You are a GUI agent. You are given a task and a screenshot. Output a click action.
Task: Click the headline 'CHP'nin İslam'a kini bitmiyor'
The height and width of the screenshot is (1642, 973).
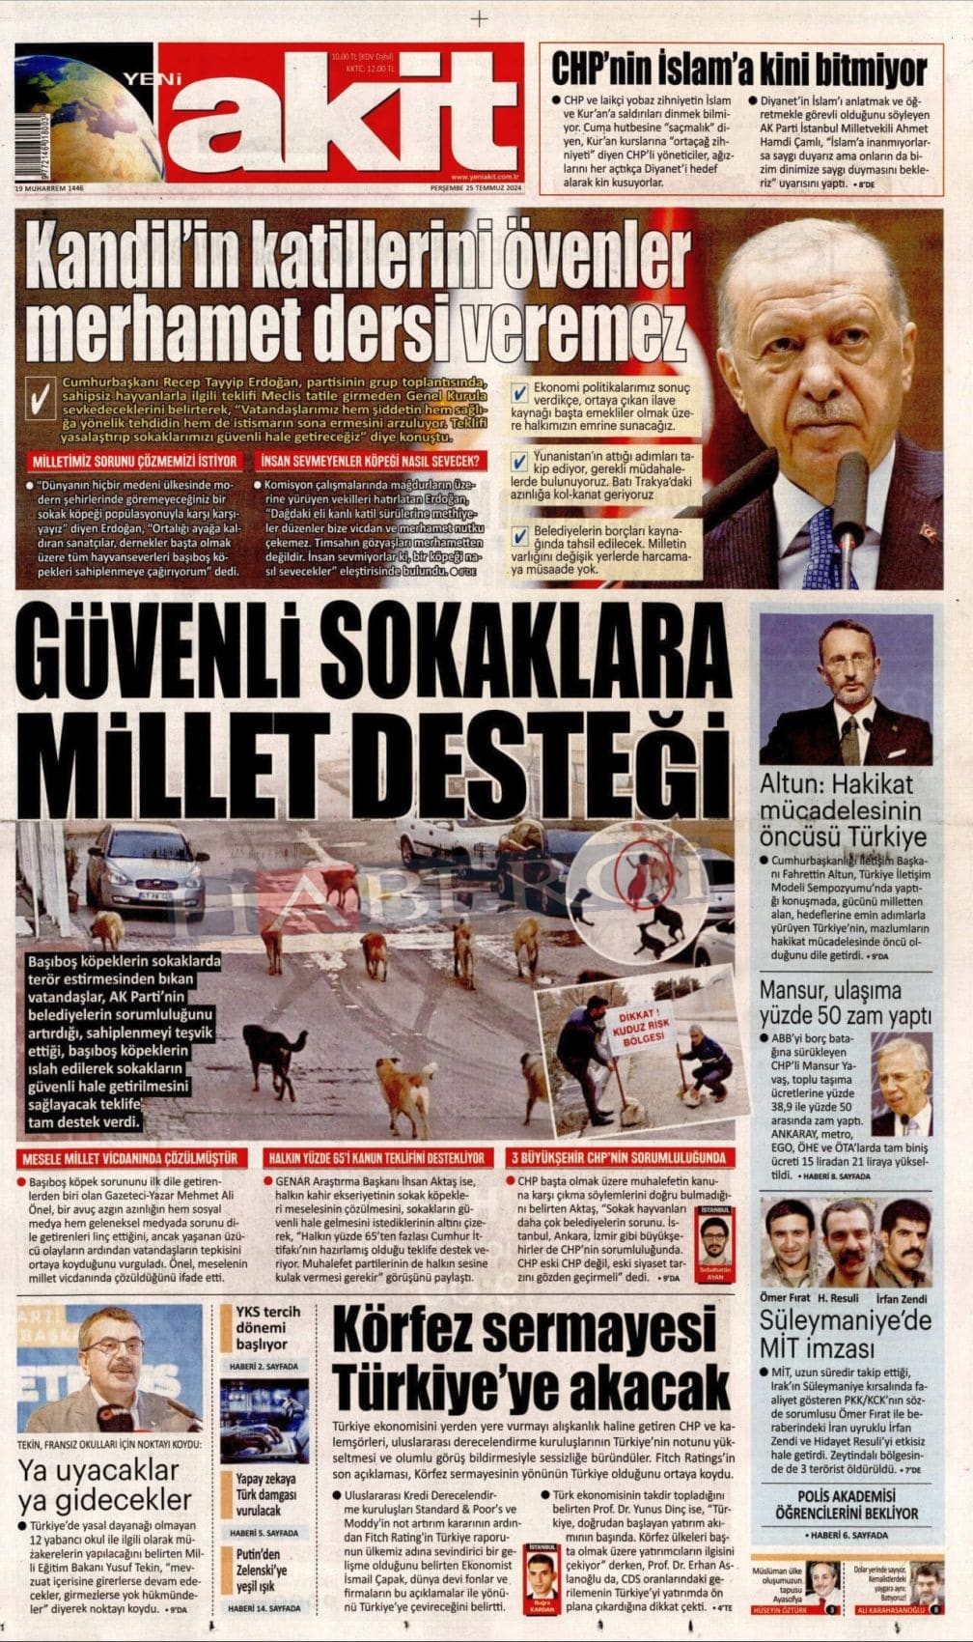tap(738, 70)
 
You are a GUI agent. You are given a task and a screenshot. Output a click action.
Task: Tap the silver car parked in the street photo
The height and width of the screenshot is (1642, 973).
tap(145, 869)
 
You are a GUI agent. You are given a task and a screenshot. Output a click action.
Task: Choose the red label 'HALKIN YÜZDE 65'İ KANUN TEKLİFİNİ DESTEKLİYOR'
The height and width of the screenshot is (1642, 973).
tap(376, 1158)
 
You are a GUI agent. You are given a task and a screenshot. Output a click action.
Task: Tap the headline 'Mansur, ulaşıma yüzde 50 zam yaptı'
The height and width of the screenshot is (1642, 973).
tap(846, 1003)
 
